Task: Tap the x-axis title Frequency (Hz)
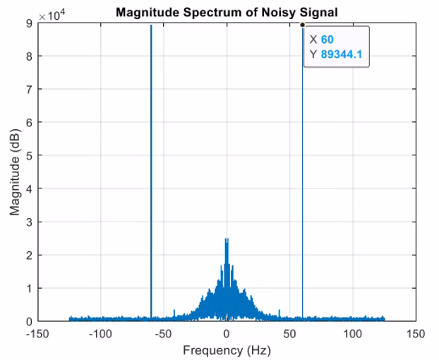[x=227, y=350]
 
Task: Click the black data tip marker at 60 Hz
[x=302, y=24]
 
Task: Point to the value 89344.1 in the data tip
[x=342, y=54]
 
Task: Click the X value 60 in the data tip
[x=327, y=40]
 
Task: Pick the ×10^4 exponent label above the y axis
[x=51, y=16]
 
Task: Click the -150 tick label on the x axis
[x=38, y=333]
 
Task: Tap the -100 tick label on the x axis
[x=101, y=333]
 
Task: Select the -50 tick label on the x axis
[x=164, y=333]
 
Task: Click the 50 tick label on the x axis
[x=289, y=333]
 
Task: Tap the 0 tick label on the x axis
[x=227, y=333]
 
